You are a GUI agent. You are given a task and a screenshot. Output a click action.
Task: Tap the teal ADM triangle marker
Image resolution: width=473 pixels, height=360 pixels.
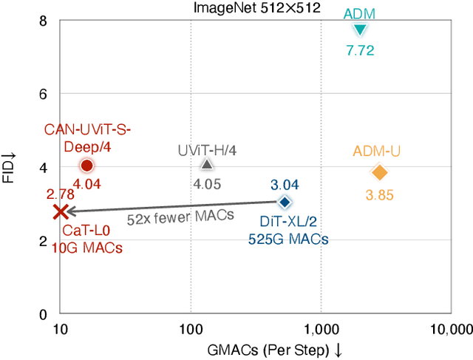pos(360,30)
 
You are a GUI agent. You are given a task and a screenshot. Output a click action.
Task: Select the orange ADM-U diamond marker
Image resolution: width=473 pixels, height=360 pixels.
pos(380,172)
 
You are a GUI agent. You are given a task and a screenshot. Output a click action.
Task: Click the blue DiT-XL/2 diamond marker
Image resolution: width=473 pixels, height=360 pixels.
pos(284,202)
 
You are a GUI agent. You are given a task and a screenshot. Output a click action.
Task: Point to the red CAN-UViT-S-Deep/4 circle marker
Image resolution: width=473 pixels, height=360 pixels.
pos(86,166)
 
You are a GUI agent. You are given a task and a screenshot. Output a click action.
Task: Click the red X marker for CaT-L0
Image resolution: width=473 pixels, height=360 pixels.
pos(61,212)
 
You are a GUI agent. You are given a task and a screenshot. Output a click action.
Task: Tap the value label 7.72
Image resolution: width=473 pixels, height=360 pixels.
pos(360,51)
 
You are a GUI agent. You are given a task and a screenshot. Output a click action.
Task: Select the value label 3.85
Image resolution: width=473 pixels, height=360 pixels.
pos(379,196)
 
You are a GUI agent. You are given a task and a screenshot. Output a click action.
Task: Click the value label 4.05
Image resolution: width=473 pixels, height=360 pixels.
pos(207,184)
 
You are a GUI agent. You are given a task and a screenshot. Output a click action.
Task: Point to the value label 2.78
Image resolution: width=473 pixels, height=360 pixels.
pos(60,194)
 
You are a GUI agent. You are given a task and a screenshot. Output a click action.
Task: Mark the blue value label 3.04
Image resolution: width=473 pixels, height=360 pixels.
pos(285,185)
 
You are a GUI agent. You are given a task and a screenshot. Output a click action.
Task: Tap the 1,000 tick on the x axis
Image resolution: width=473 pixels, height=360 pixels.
pos(320,328)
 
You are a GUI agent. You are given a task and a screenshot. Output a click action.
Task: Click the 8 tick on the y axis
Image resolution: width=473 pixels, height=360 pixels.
pos(43,21)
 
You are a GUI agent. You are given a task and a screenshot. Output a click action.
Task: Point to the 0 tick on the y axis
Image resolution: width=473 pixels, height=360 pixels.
pos(43,313)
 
